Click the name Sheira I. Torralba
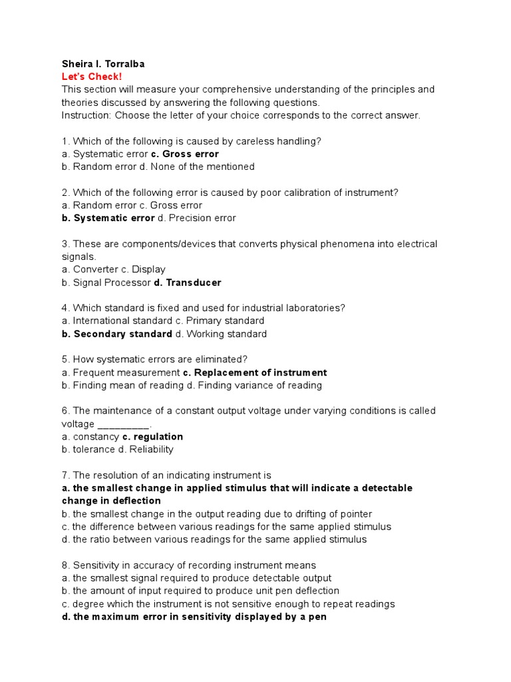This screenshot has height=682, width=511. point(102,64)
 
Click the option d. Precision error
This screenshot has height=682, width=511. point(196,218)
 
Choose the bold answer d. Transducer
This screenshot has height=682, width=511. point(188,282)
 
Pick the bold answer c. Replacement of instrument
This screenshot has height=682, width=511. point(255,372)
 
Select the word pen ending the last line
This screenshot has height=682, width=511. point(318,617)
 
